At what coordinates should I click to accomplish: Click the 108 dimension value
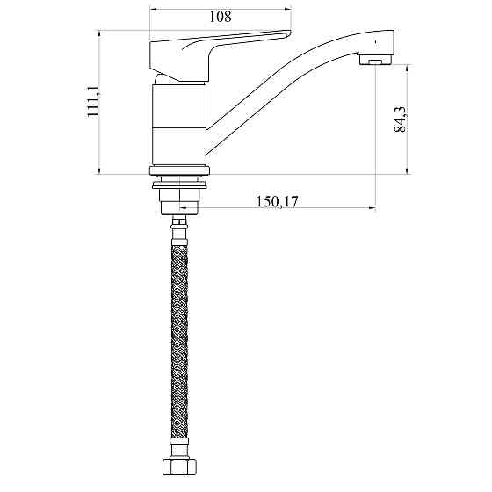click(x=221, y=17)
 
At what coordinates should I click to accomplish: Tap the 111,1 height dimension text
click(x=93, y=101)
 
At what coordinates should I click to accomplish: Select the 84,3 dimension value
click(x=400, y=119)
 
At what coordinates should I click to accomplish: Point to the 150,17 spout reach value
click(x=277, y=201)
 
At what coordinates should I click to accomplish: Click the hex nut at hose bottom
click(x=179, y=467)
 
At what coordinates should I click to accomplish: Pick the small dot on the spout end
click(x=376, y=41)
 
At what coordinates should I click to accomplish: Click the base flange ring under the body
click(x=179, y=170)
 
